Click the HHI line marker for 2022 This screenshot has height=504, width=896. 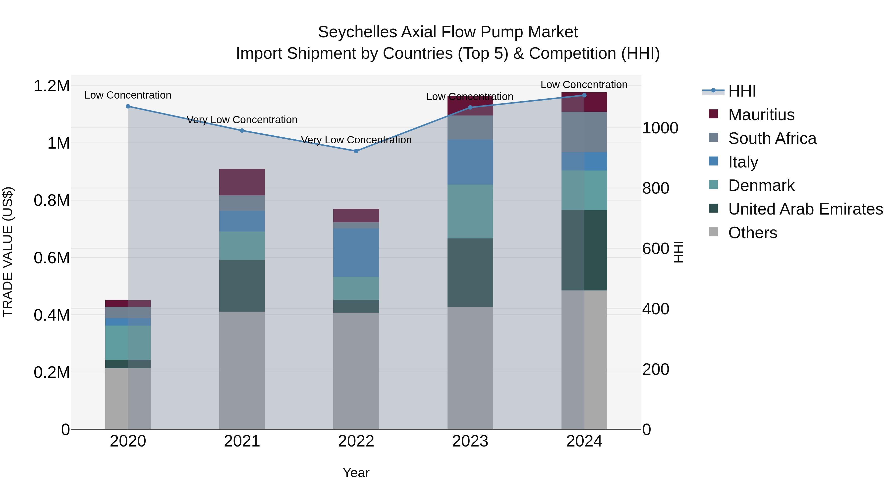(356, 151)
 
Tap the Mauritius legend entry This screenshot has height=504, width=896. (761, 115)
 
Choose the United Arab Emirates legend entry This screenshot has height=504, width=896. (805, 209)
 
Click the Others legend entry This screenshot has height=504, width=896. (752, 233)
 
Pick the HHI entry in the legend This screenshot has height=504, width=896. (742, 91)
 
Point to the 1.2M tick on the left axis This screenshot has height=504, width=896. (52, 86)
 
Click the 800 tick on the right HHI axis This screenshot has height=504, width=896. (655, 188)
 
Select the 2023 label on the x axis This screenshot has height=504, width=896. (470, 441)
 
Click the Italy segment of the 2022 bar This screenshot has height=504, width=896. (356, 253)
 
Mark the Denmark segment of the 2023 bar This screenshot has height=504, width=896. (470, 212)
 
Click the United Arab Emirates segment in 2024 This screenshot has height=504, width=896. (584, 250)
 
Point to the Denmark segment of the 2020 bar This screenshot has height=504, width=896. (128, 343)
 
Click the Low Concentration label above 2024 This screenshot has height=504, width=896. (584, 85)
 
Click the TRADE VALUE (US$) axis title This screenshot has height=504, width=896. (8, 252)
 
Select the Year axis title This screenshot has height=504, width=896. (356, 473)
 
